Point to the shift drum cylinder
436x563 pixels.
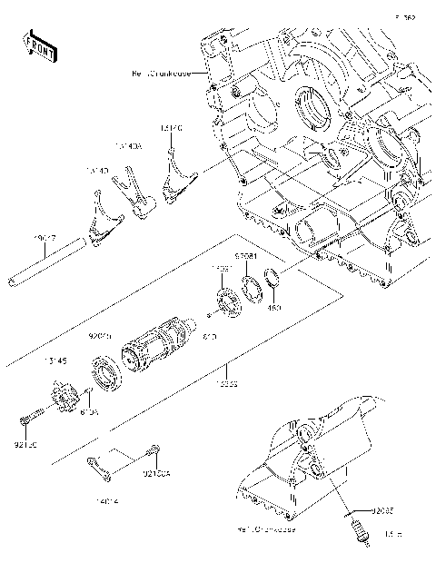pyautogui.click(x=158, y=349)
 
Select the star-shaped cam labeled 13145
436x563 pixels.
pyautogui.click(x=62, y=400)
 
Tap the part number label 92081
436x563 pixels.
pyautogui.click(x=246, y=257)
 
